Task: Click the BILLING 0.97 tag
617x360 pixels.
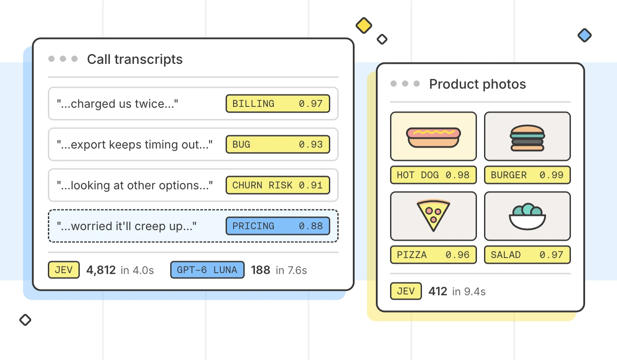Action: pos(277,104)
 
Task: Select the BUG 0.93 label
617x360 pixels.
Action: pos(277,145)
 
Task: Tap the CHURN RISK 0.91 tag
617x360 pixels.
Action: pos(277,185)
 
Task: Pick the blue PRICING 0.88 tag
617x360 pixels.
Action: pos(277,226)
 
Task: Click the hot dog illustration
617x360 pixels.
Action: pos(433,137)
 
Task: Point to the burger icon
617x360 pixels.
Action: pos(527,138)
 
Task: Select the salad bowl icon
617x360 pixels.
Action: pos(527,216)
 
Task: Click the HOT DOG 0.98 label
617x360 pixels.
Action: pos(433,175)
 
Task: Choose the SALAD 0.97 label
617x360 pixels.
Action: pos(527,255)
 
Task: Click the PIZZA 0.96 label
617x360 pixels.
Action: pos(433,255)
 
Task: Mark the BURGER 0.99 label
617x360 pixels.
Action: pos(527,175)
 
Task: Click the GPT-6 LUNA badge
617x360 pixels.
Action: pos(207,270)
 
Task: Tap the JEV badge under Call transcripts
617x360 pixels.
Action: pos(64,270)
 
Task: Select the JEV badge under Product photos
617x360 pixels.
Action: pos(406,291)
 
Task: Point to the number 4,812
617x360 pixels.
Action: pos(101,270)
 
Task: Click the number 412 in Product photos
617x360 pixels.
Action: pos(437,291)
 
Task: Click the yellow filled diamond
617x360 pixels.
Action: pos(364,26)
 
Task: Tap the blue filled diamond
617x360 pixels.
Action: pos(585,35)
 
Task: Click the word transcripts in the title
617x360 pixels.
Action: pos(148,59)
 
